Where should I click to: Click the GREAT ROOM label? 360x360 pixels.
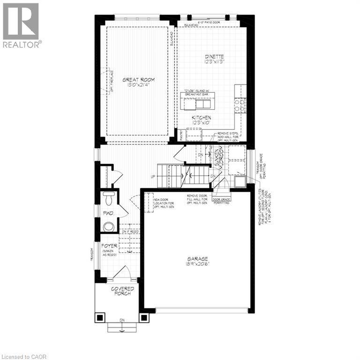[x=138, y=80]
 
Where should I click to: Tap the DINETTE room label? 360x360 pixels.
[x=214, y=56]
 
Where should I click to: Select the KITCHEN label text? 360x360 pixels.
[x=201, y=118]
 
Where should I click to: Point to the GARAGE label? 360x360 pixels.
[x=198, y=258]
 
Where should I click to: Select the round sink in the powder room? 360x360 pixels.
[x=108, y=227]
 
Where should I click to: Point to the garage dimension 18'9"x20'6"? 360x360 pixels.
[x=198, y=264]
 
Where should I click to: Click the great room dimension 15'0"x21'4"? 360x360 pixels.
[x=138, y=85]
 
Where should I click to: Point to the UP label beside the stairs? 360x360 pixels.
[x=153, y=177]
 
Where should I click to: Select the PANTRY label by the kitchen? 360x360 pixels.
[x=182, y=135]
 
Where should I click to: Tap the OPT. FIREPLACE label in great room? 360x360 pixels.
[x=112, y=80]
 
